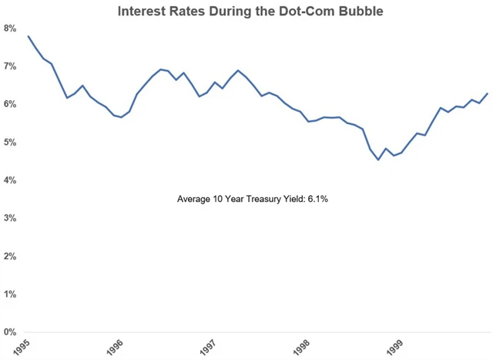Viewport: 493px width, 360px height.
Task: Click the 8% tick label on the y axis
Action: point(10,29)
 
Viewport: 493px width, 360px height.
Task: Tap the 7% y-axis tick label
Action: point(10,67)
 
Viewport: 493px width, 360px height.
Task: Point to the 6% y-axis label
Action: point(10,105)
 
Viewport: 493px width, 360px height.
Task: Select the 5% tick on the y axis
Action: point(10,143)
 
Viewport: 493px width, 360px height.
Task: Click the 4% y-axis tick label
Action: point(10,180)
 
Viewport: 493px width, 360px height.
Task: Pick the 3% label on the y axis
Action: point(10,218)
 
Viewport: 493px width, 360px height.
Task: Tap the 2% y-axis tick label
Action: point(10,256)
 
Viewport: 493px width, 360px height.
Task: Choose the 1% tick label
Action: point(10,294)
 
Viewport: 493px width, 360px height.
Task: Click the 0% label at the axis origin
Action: point(10,332)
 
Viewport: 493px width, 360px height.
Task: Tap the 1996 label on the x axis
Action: point(115,347)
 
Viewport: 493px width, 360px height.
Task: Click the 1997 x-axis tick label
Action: point(207,347)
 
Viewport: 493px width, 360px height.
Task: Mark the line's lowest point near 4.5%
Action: point(378,160)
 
